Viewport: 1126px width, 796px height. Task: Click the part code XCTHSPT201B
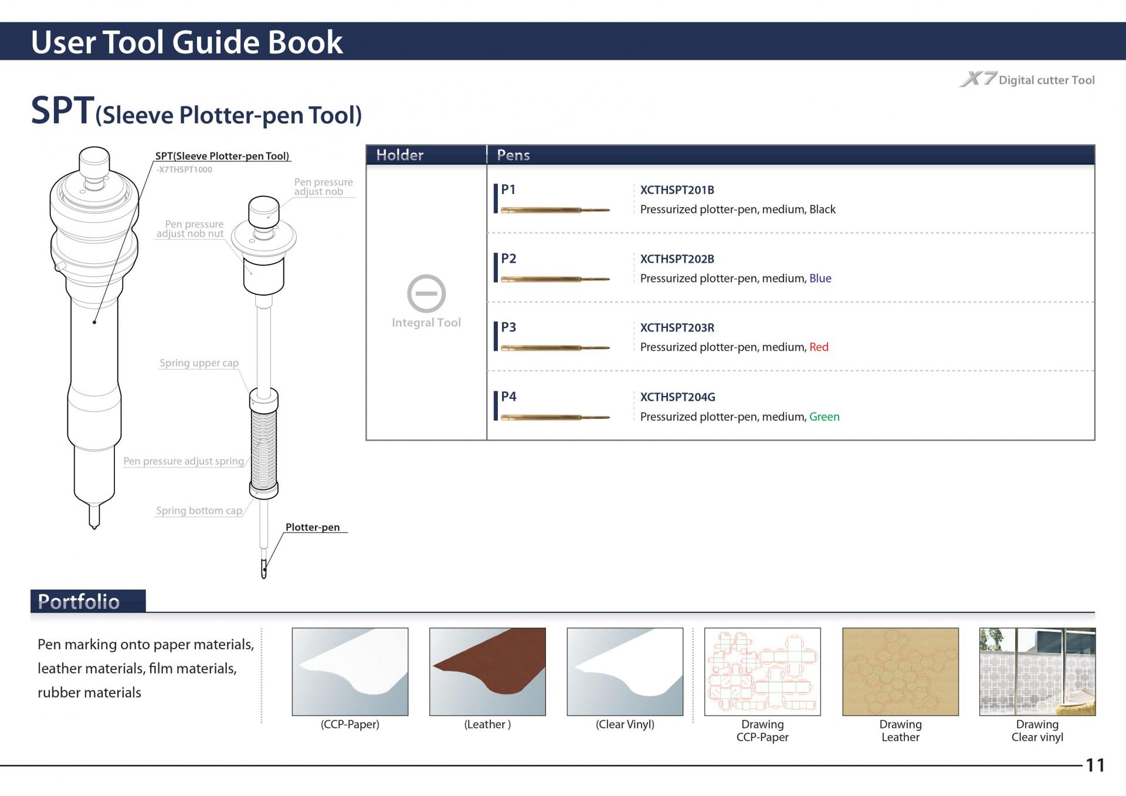(677, 190)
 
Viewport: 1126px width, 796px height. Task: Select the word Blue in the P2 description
(820, 278)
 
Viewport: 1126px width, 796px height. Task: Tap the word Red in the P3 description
(819, 347)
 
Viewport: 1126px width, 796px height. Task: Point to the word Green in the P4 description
(824, 416)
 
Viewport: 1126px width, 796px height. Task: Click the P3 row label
(508, 327)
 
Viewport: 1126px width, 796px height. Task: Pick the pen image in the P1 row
(555, 209)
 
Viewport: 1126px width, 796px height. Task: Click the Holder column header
(399, 155)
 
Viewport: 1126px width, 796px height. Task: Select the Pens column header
(513, 155)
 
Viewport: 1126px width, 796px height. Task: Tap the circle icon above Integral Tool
(426, 293)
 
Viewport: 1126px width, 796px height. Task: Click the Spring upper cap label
(199, 363)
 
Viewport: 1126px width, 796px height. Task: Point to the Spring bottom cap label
(199, 511)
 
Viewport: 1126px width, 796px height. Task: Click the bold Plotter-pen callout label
(313, 527)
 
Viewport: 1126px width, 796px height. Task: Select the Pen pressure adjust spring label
(184, 461)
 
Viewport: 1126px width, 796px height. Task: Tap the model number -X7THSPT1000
(184, 170)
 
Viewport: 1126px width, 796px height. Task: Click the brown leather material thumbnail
(487, 672)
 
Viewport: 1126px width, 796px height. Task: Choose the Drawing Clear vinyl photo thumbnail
(1037, 672)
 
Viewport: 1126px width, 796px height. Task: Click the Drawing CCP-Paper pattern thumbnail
(762, 672)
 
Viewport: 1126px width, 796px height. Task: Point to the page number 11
(1095, 765)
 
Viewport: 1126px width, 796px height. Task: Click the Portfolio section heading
(79, 602)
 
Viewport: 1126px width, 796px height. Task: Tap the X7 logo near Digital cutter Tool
(978, 79)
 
